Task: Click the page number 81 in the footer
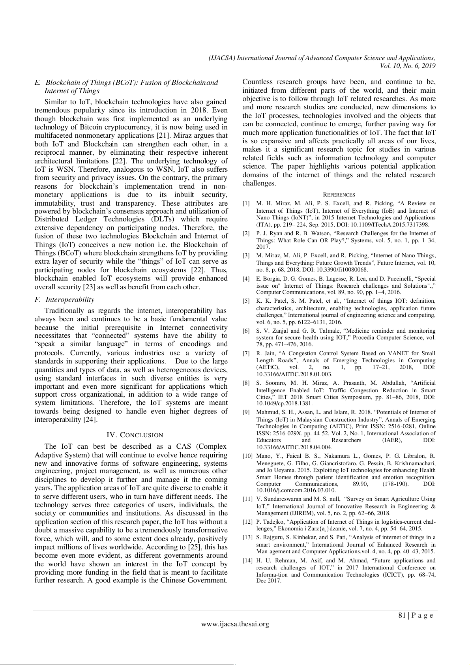[402, 615]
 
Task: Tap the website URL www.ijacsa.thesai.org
[235, 624]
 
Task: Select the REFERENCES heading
[339, 195]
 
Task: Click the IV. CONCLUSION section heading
[135, 435]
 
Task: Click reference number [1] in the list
[246, 204]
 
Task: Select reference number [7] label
[246, 353]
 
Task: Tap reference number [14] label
[247, 560]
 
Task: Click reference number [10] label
[247, 456]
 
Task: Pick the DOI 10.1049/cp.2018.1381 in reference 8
[284, 404]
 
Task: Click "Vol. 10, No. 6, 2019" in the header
[407, 66]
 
